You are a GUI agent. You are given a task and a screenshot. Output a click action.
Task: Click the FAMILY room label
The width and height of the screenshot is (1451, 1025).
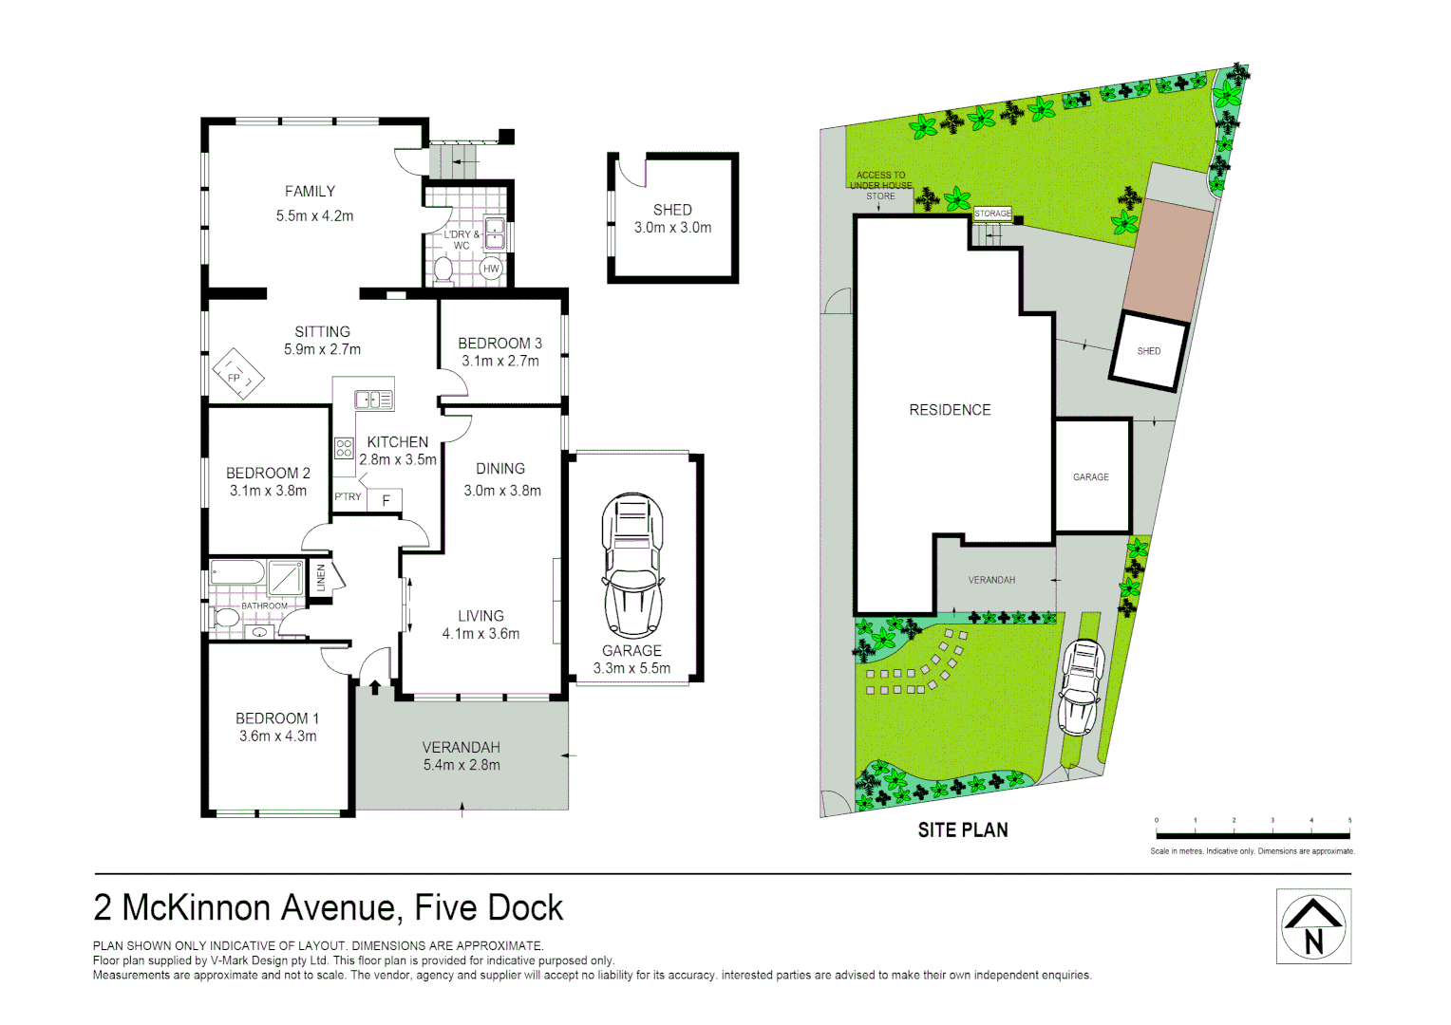[x=310, y=192]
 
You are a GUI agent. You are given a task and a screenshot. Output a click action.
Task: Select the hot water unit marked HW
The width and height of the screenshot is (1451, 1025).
[x=491, y=269]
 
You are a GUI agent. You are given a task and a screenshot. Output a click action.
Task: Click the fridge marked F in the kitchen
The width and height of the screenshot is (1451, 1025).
[x=386, y=500]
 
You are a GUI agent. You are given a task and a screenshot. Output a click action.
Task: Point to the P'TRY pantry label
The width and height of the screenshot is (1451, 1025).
[x=348, y=496]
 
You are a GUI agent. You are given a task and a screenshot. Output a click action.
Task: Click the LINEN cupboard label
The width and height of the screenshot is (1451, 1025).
[x=321, y=577]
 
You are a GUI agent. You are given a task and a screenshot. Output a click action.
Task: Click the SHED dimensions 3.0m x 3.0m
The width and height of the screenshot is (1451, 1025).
[x=672, y=228]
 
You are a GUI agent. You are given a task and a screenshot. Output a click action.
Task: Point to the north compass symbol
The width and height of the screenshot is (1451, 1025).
[x=1313, y=926]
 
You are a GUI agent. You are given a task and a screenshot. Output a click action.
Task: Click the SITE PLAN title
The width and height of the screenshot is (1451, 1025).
[x=962, y=830]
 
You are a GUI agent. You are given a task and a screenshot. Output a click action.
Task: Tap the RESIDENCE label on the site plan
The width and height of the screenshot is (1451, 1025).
[x=950, y=410]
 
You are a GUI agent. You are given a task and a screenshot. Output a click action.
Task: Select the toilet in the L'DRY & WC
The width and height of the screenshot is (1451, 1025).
[x=443, y=269]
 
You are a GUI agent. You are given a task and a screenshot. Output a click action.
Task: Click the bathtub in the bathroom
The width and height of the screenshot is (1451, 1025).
[x=237, y=573]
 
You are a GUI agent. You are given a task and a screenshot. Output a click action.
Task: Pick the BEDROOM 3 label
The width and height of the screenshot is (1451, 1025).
[x=499, y=344]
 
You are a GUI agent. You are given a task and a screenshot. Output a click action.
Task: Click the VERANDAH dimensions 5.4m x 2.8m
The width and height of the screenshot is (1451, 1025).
[x=462, y=765]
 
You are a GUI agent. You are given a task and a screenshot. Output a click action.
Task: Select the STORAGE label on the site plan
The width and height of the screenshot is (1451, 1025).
[x=992, y=214]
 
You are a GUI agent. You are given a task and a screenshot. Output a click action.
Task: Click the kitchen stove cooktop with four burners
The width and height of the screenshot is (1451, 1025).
[x=344, y=448]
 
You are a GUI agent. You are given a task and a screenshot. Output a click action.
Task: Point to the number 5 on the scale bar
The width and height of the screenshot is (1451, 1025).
[x=1348, y=820]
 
